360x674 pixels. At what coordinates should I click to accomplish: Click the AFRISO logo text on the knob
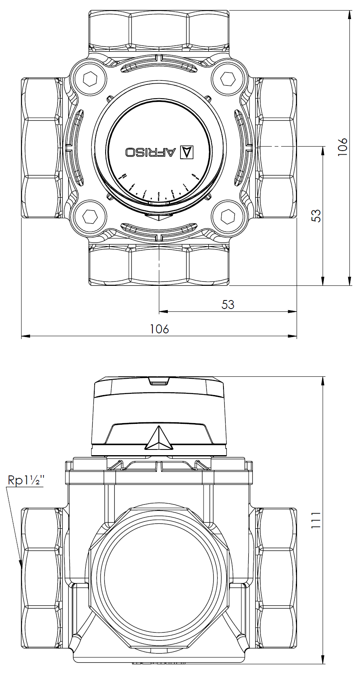(x=151, y=152)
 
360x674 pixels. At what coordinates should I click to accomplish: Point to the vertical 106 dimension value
(x=343, y=147)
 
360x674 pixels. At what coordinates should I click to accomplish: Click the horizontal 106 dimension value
(x=159, y=328)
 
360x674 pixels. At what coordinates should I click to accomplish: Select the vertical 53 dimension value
(x=316, y=215)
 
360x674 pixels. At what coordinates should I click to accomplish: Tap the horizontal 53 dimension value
(x=228, y=304)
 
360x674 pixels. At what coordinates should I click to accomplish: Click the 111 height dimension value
(x=316, y=520)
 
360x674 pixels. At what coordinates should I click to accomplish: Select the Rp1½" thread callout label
(x=26, y=480)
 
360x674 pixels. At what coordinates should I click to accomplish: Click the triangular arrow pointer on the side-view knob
(x=159, y=439)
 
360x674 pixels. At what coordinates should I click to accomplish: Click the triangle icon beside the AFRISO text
(x=187, y=152)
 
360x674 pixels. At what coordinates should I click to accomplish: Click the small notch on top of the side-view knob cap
(x=159, y=381)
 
